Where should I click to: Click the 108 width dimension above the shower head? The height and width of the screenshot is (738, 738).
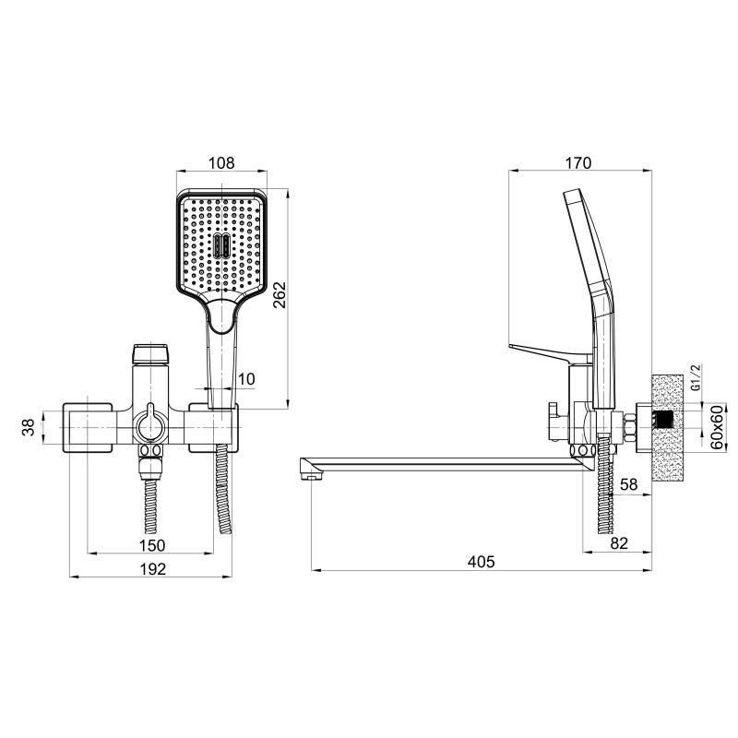click(221, 163)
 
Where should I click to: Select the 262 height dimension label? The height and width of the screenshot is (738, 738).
click(280, 294)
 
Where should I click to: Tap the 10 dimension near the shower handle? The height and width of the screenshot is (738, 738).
click(246, 379)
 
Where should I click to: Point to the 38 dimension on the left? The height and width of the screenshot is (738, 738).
click(29, 427)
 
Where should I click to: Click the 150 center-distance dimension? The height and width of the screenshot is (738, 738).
click(152, 545)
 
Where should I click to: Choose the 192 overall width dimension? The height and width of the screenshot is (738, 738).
click(153, 569)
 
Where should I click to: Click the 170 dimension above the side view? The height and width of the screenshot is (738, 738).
click(578, 163)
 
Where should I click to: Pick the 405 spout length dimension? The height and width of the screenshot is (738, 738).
click(481, 562)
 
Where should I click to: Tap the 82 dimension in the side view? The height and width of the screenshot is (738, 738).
click(619, 543)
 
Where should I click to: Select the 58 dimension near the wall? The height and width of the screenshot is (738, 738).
click(628, 484)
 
